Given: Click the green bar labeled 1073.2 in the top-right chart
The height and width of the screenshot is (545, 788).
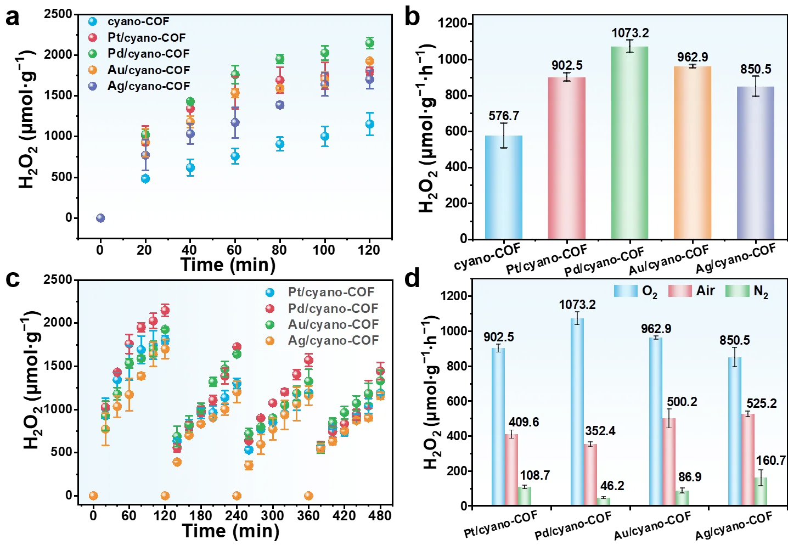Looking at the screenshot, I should click(x=629, y=143).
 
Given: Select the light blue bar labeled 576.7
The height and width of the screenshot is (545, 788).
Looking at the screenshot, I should click(x=504, y=187).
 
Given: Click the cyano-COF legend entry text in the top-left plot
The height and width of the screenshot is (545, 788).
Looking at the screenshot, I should click(x=138, y=21).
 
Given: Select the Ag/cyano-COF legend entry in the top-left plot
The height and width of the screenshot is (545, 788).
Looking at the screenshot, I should click(x=149, y=86).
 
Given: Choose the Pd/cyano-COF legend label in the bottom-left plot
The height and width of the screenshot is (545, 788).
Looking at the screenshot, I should click(x=333, y=308).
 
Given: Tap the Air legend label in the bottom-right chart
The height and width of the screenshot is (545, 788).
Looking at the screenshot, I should click(x=705, y=291).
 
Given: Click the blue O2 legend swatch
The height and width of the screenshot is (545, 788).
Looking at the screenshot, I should click(x=626, y=291).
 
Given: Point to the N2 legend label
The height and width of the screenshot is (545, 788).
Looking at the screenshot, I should click(x=761, y=291).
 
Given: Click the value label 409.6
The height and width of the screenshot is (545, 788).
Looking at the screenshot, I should click(x=524, y=422).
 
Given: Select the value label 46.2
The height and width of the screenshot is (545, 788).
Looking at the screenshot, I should click(x=612, y=486).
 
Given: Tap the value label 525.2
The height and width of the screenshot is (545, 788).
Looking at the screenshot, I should click(x=761, y=403).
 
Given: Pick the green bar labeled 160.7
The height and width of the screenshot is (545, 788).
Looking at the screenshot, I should click(x=761, y=491).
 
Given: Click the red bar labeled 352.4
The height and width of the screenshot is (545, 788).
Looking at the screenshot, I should click(x=590, y=474).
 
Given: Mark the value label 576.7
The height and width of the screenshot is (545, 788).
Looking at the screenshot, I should click(x=504, y=116).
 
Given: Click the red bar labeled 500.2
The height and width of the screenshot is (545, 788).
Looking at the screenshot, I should click(x=669, y=462).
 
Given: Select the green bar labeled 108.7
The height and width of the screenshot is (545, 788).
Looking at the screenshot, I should click(x=524, y=496).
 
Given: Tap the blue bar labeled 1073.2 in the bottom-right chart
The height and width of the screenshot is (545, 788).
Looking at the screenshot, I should click(x=577, y=412).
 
